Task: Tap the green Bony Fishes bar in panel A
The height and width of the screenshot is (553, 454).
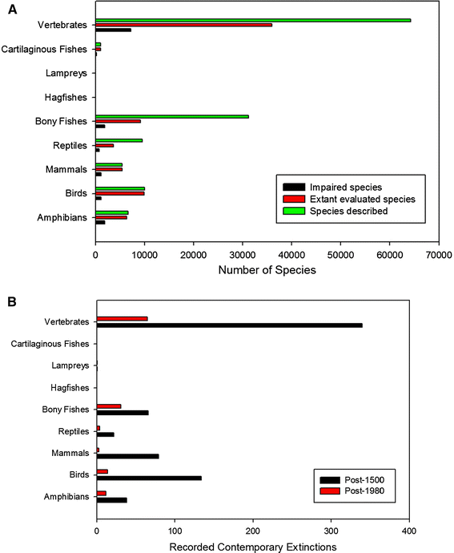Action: click(x=172, y=116)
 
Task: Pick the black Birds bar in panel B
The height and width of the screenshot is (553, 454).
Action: click(x=149, y=478)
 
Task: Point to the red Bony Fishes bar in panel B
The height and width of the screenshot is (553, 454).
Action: click(x=109, y=406)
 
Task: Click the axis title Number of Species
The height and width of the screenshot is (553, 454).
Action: click(x=267, y=270)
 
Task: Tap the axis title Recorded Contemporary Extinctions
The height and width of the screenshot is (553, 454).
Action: click(x=253, y=547)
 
